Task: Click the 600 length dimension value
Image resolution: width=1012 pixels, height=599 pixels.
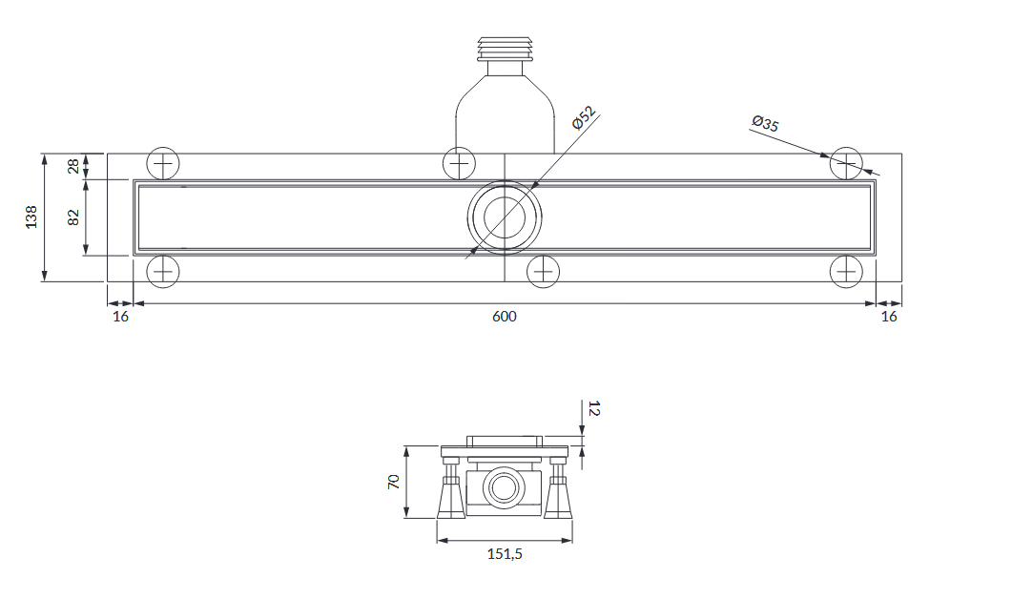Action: pos(504,317)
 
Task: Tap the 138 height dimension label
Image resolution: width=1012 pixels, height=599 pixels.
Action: pos(31,217)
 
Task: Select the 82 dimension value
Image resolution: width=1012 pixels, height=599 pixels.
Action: pos(73,217)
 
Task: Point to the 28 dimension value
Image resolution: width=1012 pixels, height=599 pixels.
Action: pos(73,166)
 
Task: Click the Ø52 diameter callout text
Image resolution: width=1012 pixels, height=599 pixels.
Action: pos(584,118)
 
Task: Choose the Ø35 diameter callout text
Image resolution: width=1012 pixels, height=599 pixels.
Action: pos(766,123)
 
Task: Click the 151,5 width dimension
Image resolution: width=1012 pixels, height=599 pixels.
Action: pos(505,554)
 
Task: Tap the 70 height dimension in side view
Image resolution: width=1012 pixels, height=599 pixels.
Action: pos(394,482)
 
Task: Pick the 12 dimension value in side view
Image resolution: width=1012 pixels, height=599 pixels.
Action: pos(594,408)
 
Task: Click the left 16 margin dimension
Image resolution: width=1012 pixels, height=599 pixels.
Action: pos(121,317)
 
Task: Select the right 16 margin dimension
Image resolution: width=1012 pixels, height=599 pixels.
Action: pos(889,317)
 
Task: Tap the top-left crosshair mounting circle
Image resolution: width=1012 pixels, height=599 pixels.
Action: pos(163,164)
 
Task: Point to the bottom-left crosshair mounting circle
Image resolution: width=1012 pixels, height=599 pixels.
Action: pos(163,271)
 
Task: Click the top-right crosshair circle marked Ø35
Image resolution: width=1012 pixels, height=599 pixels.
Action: pos(846,164)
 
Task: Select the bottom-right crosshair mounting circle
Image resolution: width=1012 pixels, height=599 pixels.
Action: pos(846,271)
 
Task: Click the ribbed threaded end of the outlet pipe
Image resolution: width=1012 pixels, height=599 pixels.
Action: pos(505,49)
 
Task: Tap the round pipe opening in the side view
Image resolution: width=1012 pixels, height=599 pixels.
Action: pos(504,488)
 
